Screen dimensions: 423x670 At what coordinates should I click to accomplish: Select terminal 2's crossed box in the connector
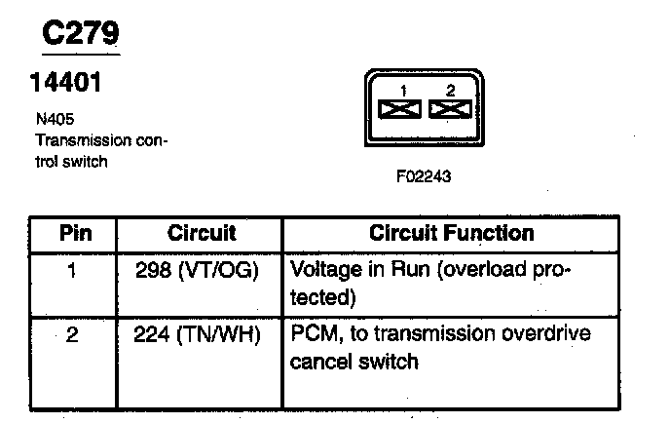tap(449, 108)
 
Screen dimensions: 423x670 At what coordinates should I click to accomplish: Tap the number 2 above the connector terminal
tap(449, 90)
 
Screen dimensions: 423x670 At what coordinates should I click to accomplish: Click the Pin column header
tap(74, 234)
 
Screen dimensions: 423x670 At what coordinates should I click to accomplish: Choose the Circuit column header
tap(202, 234)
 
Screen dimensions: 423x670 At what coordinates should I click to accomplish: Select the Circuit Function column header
tap(451, 234)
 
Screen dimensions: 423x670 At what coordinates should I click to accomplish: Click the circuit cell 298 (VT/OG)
tap(202, 270)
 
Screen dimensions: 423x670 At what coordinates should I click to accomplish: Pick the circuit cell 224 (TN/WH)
tap(202, 335)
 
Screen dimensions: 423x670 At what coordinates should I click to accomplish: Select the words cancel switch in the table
tap(354, 362)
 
